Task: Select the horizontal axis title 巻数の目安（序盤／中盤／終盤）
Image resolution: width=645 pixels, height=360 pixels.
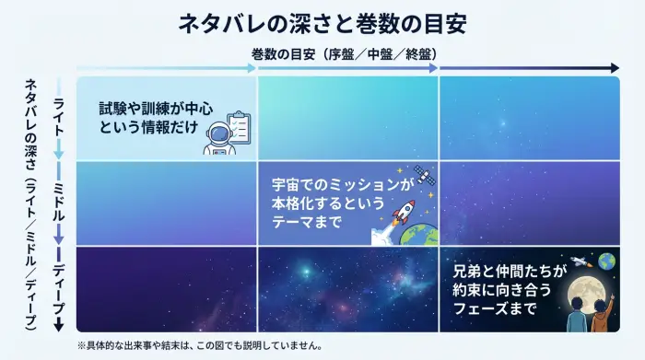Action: [x=346, y=54]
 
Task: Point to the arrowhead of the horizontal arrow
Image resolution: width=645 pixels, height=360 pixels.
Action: [x=615, y=67]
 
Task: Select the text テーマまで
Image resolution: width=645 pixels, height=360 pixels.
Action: [x=300, y=223]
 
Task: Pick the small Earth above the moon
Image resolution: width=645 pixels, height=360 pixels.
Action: [x=605, y=261]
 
